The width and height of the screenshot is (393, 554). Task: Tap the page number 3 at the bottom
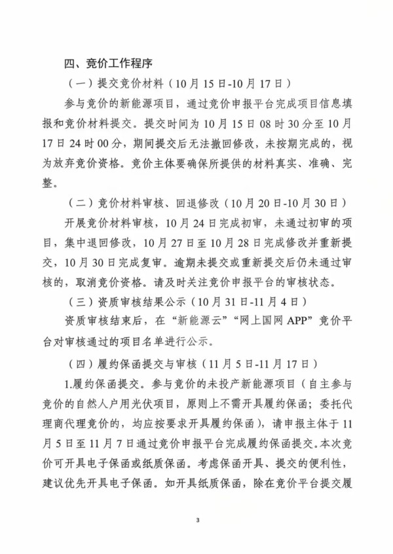(x=196, y=520)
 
